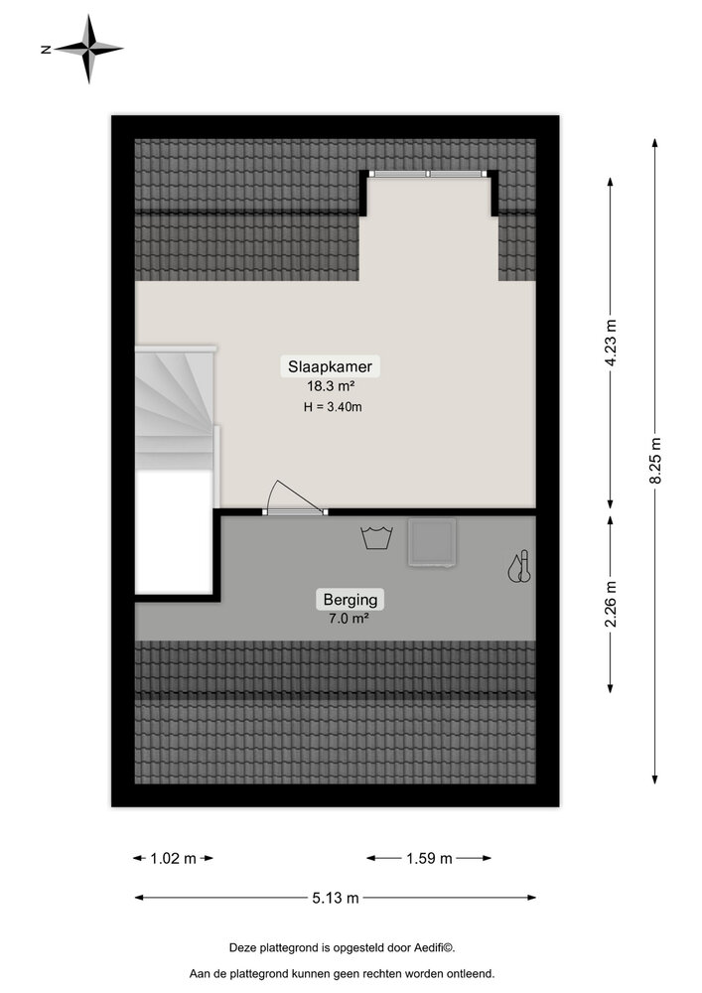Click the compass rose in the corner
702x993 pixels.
click(89, 48)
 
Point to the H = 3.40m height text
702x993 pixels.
click(332, 406)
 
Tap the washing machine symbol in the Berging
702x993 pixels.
click(375, 538)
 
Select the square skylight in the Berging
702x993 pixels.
click(433, 543)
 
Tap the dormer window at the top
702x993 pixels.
click(429, 174)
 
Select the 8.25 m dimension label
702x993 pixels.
click(654, 461)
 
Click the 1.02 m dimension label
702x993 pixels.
click(174, 859)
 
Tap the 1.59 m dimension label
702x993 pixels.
click(429, 859)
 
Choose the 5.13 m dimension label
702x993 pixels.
click(335, 899)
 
